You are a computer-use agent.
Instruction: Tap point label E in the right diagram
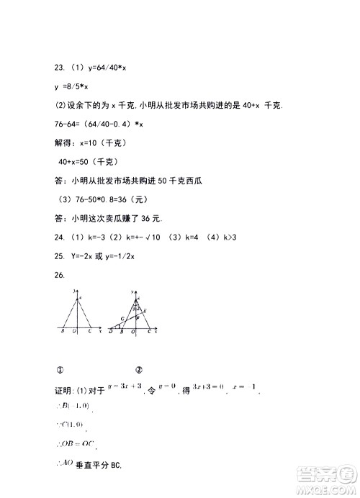point(145,309)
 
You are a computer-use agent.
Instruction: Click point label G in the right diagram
point(122,318)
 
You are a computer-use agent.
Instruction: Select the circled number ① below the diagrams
point(60,371)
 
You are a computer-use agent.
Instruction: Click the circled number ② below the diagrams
point(138,371)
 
